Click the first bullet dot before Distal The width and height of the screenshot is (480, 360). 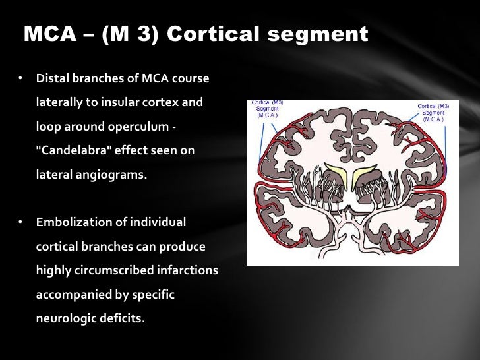tap(20, 79)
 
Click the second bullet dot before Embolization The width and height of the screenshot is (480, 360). tap(20, 222)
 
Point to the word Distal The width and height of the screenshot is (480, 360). tap(52, 79)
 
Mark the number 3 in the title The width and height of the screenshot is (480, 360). tap(150, 35)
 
